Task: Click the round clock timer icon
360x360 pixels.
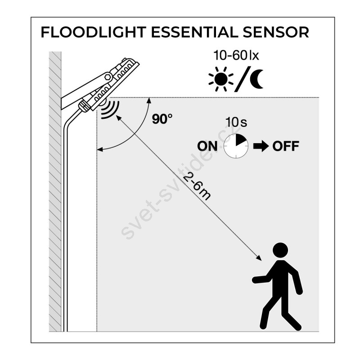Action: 236,145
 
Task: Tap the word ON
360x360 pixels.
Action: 207,146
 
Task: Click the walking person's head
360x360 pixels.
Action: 280,250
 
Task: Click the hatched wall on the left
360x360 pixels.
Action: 55,202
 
